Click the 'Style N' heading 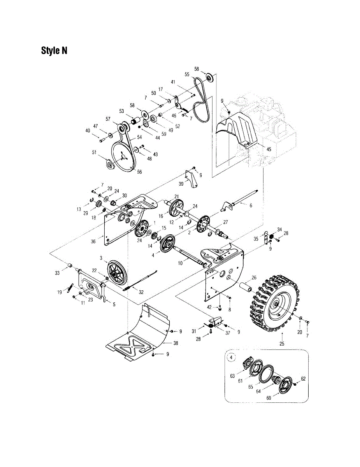54,51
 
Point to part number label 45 258,149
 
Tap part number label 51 94,153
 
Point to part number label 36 93,241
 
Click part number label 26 254,277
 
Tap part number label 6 251,205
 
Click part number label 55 187,74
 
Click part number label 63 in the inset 233,376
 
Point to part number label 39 181,184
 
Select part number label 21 177,196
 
